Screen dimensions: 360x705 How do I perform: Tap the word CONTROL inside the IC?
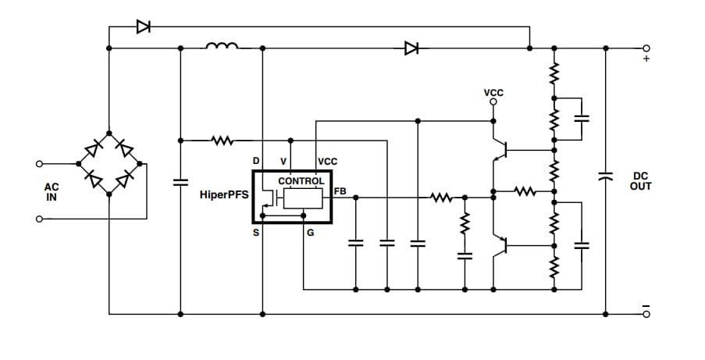[x=301, y=181]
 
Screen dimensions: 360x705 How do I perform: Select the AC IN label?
[x=52, y=192]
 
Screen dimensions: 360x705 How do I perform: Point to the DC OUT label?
[x=641, y=181]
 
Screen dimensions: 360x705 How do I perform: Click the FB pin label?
[x=340, y=191]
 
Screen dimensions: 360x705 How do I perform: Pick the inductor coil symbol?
[x=222, y=47]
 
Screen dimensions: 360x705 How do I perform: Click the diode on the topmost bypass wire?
[x=143, y=27]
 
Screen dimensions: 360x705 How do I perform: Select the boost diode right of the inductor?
[x=411, y=48]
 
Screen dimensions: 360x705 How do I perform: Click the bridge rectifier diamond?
[x=109, y=164]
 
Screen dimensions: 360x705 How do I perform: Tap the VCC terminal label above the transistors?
[x=493, y=93]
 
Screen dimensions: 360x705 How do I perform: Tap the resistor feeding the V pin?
[x=223, y=141]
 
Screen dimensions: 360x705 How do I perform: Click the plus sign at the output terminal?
[x=645, y=59]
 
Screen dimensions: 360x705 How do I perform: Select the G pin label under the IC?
[x=310, y=233]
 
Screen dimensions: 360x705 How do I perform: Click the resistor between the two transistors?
[x=524, y=190]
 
